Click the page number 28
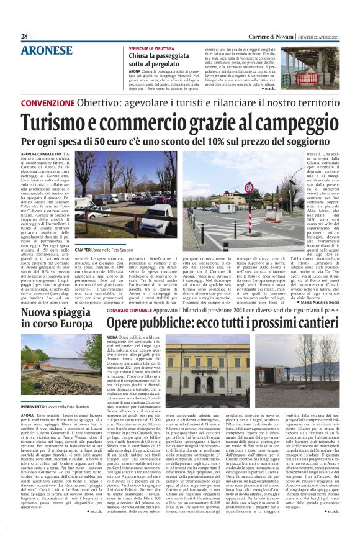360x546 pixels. click(x=25, y=36)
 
